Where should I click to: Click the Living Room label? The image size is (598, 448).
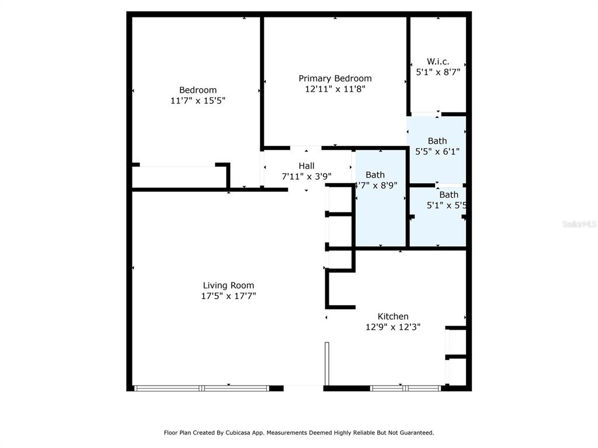tap(228, 285)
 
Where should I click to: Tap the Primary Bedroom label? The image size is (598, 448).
tap(335, 79)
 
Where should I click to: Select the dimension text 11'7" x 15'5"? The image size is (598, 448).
tap(198, 100)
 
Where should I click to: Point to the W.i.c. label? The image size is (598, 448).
tap(438, 61)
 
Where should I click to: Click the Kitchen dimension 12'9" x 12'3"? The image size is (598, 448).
tap(393, 327)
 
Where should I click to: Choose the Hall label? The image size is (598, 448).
tap(307, 166)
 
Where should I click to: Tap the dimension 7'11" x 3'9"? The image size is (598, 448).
tap(307, 176)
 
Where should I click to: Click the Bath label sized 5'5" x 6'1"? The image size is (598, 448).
tap(437, 141)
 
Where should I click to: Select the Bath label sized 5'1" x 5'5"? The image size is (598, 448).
tap(449, 195)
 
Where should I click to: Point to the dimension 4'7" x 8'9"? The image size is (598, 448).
tap(377, 185)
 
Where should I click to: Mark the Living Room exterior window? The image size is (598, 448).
tap(202, 388)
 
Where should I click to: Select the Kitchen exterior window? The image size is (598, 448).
tap(405, 388)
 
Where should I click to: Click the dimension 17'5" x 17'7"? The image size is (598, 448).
tap(228, 296)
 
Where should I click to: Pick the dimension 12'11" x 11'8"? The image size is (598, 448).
tap(335, 89)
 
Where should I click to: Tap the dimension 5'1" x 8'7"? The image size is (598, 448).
tap(438, 72)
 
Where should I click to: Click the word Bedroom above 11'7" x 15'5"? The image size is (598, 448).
tap(198, 90)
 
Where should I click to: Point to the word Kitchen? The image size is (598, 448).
tap(393, 316)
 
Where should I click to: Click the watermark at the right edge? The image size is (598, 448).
tap(580, 224)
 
